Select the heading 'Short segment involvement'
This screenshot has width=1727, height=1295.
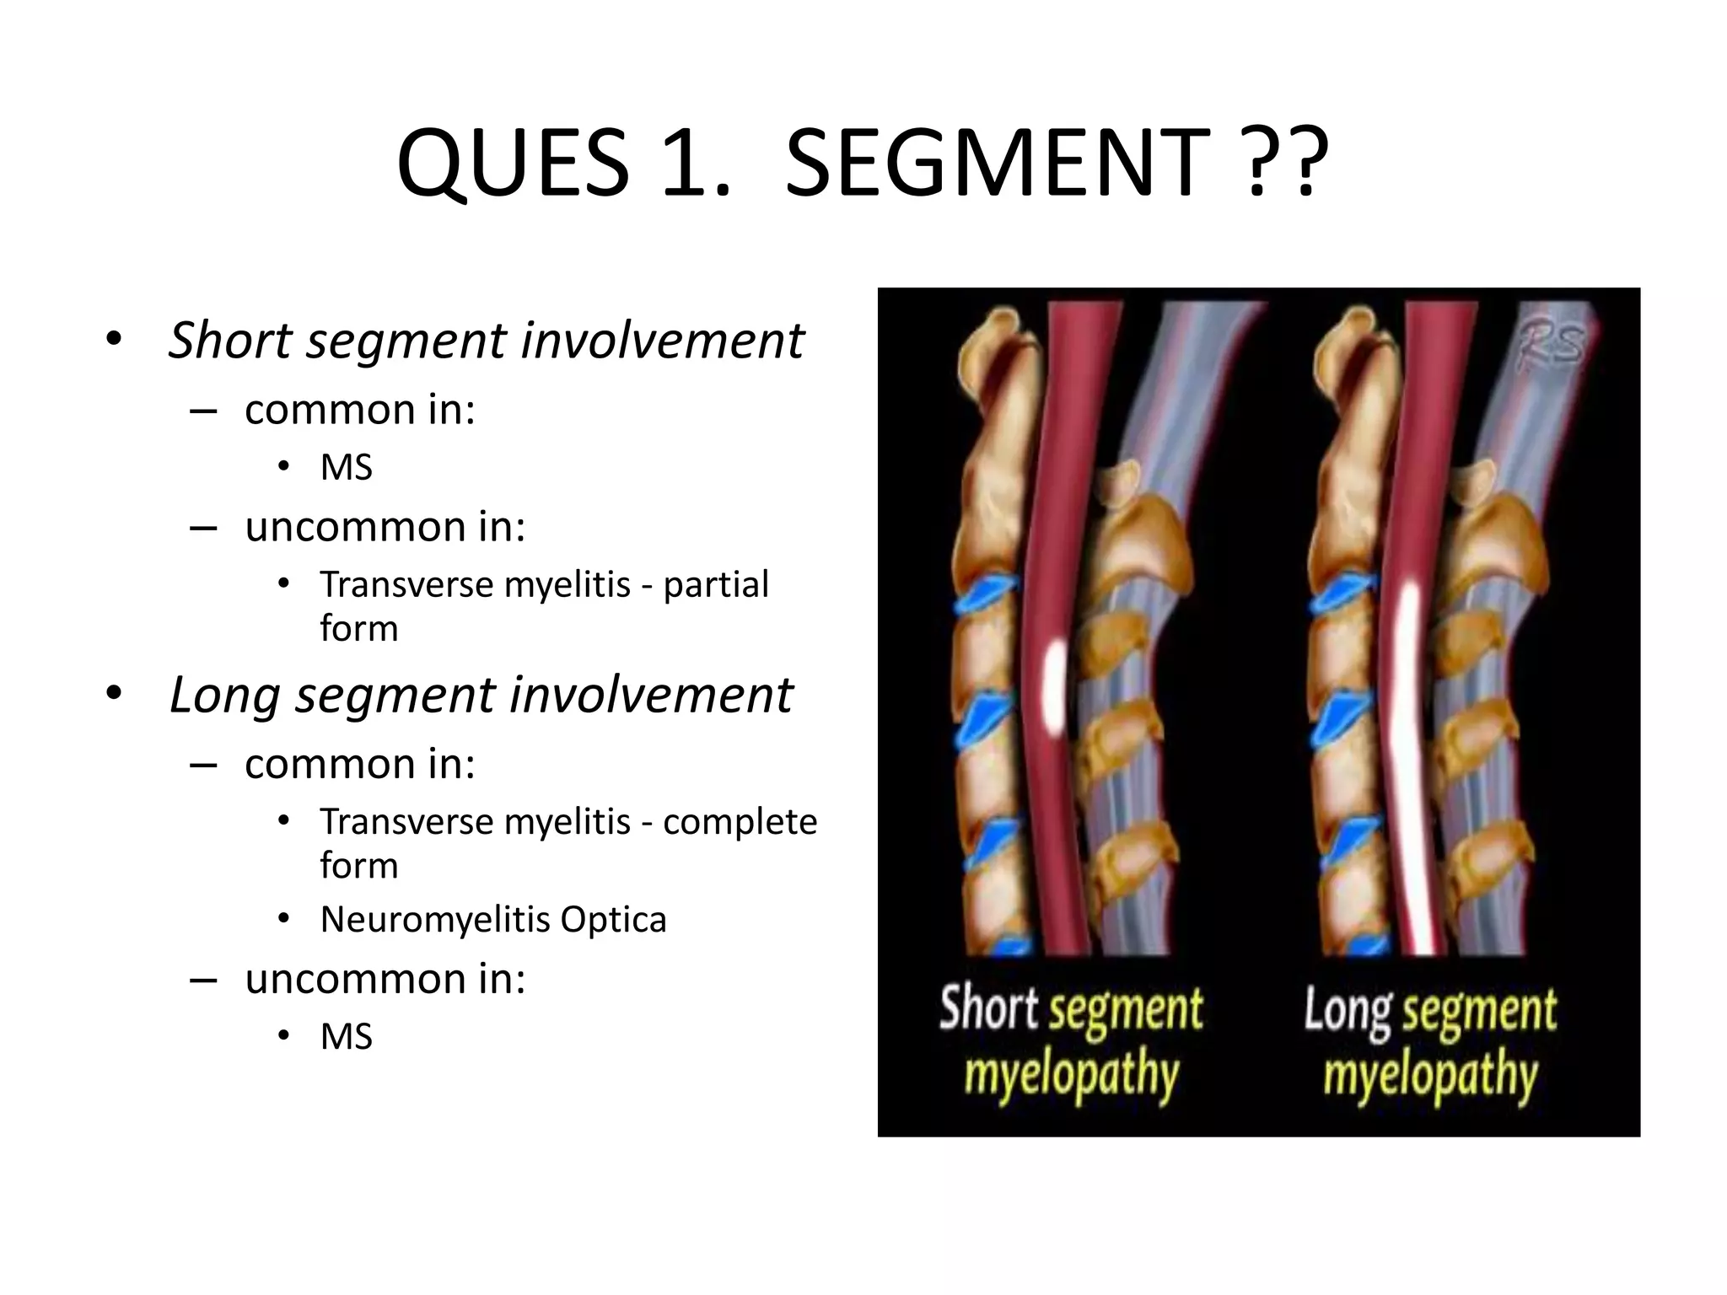486,341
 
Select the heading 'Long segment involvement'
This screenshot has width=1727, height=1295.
481,696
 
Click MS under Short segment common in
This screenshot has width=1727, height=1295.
346,467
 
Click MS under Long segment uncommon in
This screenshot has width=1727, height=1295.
346,1036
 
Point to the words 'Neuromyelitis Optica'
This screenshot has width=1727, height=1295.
493,920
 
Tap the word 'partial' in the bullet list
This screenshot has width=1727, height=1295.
716,584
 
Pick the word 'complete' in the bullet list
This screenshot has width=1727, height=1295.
740,821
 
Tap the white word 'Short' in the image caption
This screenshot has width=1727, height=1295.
988,1008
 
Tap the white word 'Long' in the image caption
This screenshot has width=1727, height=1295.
1348,1010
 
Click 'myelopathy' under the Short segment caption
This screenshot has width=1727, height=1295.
1071,1074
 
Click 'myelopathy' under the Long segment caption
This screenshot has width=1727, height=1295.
1430,1074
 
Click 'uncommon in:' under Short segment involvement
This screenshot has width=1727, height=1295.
385,527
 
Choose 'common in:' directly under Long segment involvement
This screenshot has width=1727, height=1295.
360,764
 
